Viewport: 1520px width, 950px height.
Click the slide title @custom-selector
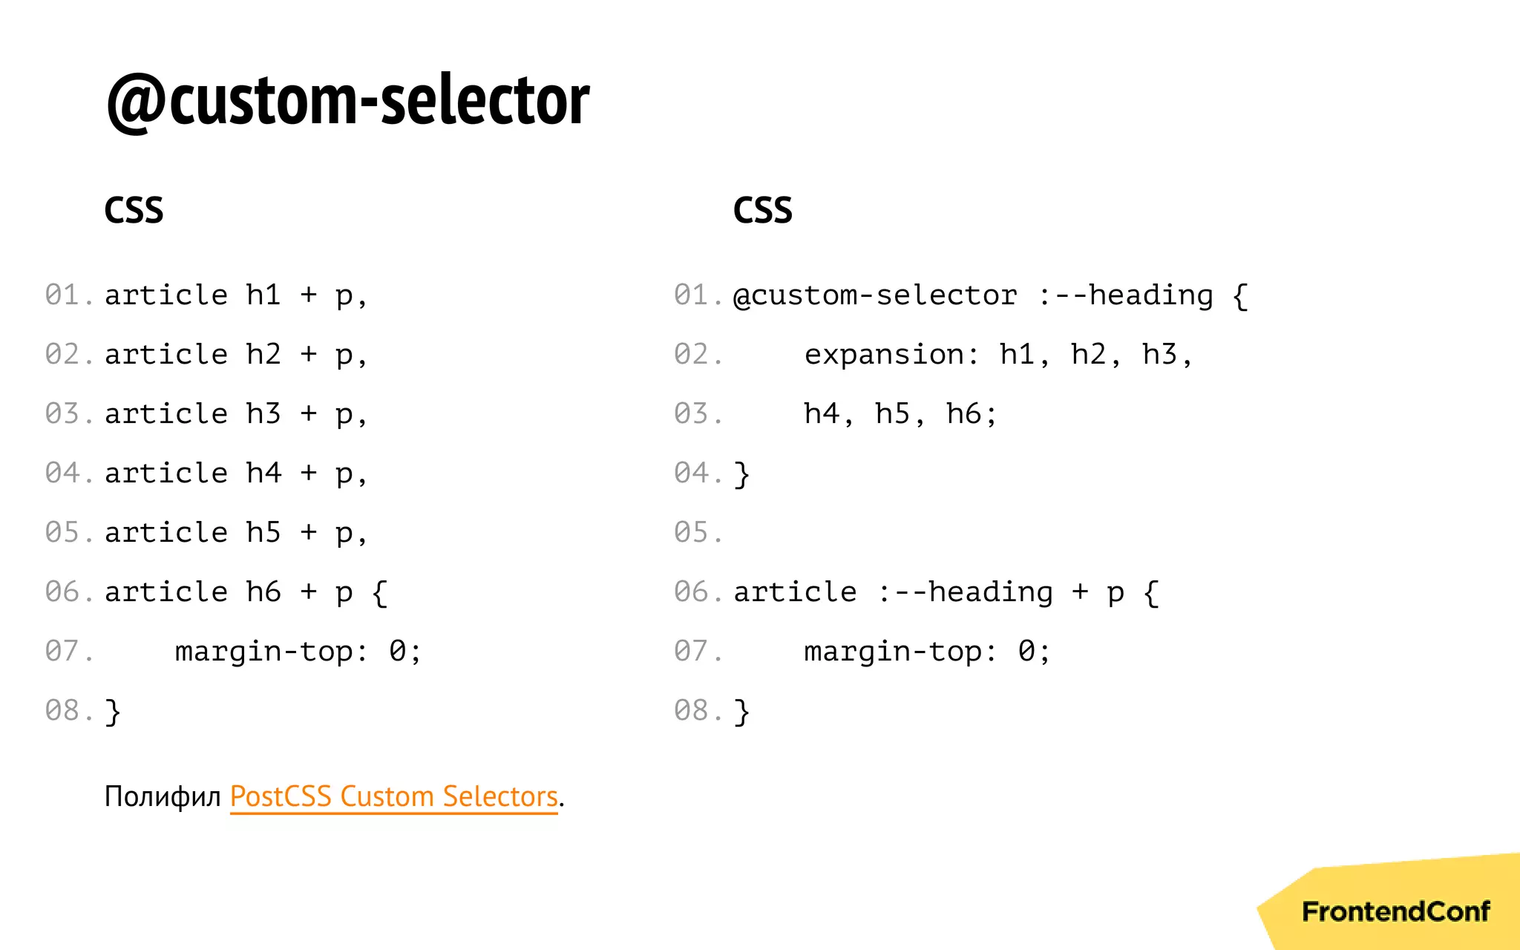click(x=347, y=100)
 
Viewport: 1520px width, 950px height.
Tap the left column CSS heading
click(x=134, y=210)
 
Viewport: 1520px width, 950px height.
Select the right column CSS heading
click(x=762, y=210)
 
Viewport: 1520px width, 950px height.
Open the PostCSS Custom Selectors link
click(x=393, y=796)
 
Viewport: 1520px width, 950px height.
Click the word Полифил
click(x=163, y=796)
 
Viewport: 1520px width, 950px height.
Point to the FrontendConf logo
click(x=1395, y=911)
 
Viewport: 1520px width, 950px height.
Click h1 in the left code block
click(x=263, y=295)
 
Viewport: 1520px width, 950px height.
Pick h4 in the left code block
click(x=263, y=474)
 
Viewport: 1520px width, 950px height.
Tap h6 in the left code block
click(x=263, y=592)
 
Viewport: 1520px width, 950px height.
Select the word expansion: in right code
click(x=891, y=355)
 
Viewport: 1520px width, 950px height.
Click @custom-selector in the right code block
click(x=875, y=295)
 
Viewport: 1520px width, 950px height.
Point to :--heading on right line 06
click(x=965, y=592)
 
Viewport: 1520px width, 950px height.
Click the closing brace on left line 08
click(x=113, y=712)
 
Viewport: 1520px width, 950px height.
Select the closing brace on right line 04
click(x=741, y=474)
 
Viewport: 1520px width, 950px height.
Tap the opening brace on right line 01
click(x=1239, y=296)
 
